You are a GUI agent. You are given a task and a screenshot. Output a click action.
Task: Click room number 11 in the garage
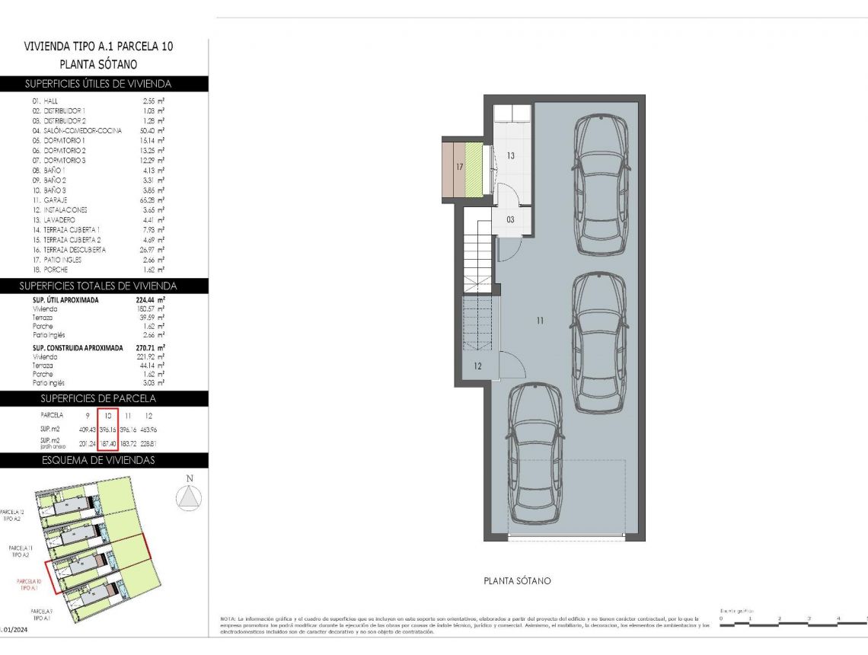pos(539,321)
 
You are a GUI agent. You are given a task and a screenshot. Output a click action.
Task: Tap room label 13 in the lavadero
pos(511,155)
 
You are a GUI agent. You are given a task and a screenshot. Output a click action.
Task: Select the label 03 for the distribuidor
pos(510,219)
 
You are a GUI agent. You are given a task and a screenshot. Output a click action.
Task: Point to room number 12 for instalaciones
pos(477,366)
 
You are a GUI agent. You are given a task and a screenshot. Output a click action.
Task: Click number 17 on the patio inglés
pos(459,165)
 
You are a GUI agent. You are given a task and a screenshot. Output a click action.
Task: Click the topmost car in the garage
pos(602,185)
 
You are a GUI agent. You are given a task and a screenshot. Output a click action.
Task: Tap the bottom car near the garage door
pos(536,452)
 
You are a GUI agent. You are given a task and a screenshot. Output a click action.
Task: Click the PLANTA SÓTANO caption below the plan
pos(517,581)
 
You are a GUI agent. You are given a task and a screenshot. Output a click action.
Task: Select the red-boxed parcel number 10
pos(109,416)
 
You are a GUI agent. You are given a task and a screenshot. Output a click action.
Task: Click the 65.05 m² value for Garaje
pos(153,200)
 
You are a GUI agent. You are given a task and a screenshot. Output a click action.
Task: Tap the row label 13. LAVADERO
pos(53,219)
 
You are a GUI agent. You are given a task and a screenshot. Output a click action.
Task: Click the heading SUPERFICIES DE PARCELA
pos(97,398)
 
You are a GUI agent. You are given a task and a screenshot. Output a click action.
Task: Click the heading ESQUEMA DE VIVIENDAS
pos(98,460)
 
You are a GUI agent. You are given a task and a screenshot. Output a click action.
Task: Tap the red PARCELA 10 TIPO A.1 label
pos(29,585)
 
